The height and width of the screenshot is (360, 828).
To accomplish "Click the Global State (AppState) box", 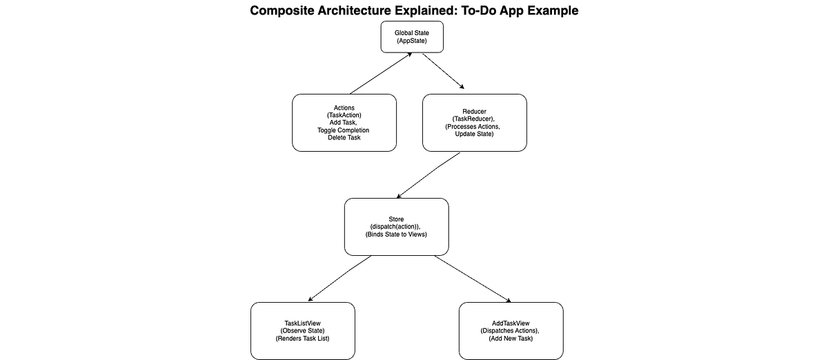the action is click(x=412, y=37).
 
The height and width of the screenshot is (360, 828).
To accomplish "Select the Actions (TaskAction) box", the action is click(x=344, y=123).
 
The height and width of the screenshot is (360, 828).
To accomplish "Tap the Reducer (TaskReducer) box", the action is click(x=475, y=123).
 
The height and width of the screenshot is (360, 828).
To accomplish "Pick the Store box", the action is click(x=397, y=227).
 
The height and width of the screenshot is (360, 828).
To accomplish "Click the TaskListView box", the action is click(x=303, y=331).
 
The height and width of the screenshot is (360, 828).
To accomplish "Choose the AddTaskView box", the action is click(x=511, y=331).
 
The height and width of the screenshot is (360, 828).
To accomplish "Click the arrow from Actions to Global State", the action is click(x=381, y=73).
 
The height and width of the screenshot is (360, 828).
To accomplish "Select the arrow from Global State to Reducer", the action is click(x=443, y=71).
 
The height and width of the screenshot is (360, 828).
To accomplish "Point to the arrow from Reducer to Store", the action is click(x=428, y=175).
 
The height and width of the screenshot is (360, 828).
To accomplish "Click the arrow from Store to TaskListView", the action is click(x=339, y=279).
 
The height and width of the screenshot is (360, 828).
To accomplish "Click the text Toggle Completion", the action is click(x=343, y=130).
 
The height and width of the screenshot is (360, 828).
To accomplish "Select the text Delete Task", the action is click(x=344, y=137).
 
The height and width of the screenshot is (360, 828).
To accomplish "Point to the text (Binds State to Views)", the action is click(x=396, y=234).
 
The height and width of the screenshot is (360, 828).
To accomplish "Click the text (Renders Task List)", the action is click(x=302, y=338).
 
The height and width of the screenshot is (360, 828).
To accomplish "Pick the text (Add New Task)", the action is click(x=511, y=338).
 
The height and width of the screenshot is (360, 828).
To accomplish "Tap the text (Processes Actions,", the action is click(x=473, y=126).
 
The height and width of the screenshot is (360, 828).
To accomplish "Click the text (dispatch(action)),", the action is click(x=395, y=227).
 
